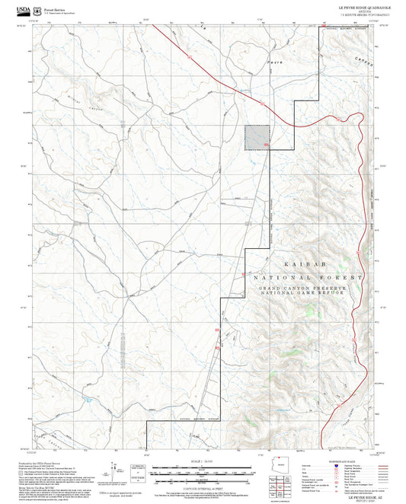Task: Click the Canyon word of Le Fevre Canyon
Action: pyautogui.click(x=363, y=66)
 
